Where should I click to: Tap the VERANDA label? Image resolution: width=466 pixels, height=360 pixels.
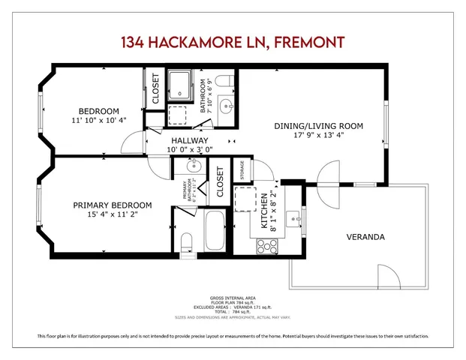[365, 237]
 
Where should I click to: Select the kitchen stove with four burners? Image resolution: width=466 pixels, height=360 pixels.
[268, 245]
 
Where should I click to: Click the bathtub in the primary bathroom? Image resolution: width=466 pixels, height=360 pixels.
[213, 232]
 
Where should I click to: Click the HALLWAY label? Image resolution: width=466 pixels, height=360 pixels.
[189, 140]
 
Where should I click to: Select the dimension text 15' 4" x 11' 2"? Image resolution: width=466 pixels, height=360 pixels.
[112, 214]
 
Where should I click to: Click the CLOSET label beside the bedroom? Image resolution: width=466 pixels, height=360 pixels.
[156, 88]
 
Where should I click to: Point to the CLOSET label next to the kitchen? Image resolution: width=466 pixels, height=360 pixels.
[221, 182]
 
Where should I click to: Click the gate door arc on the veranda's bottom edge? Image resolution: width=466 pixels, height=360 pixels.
[383, 277]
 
